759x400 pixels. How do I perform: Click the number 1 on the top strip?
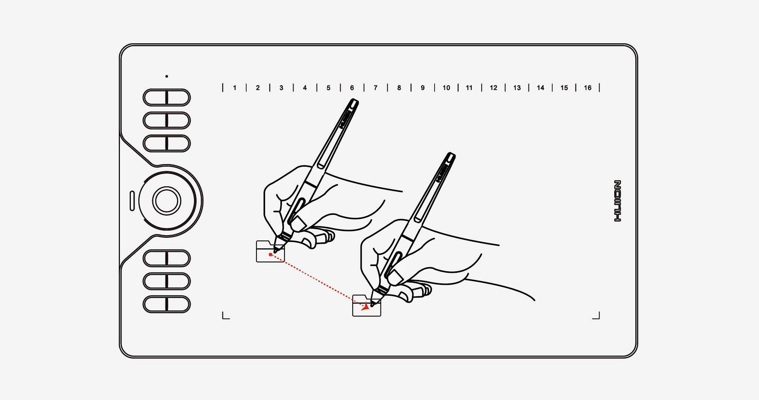(x=235, y=88)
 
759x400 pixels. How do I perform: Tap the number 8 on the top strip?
(x=399, y=88)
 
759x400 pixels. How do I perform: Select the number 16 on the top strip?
(x=588, y=88)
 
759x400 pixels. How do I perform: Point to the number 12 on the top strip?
(x=494, y=88)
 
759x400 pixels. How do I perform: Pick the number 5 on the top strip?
(x=329, y=88)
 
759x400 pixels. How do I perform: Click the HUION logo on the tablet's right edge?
(x=618, y=201)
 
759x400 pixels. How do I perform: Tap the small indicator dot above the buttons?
(x=167, y=76)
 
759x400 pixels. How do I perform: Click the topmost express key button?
(x=167, y=98)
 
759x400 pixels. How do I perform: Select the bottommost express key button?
(x=167, y=304)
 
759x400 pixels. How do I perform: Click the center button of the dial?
(x=167, y=201)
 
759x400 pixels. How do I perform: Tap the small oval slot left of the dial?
(x=132, y=201)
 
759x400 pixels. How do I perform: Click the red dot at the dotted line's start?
(x=270, y=255)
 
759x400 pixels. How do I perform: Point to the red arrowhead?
(x=365, y=307)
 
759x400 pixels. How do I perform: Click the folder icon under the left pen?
(x=270, y=251)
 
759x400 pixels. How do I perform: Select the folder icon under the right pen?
(x=367, y=306)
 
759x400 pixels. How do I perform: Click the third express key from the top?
(x=167, y=143)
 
